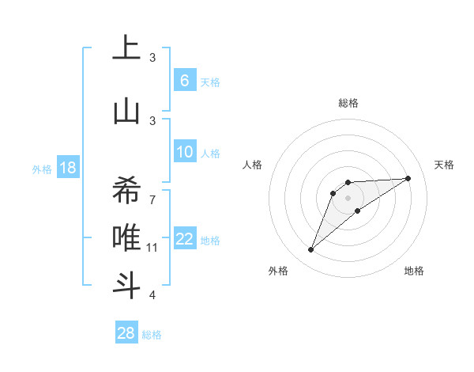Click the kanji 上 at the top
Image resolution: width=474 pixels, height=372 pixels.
[126, 48]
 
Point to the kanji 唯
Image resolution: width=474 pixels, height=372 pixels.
[126, 237]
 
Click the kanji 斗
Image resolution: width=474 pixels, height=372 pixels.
[126, 283]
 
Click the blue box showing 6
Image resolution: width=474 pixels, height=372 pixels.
[184, 81]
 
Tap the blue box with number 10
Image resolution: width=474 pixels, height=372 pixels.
[185, 152]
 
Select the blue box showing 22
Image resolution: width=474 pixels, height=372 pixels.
[185, 240]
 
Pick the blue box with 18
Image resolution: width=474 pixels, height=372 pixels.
[67, 168]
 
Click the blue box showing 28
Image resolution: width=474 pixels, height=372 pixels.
[126, 333]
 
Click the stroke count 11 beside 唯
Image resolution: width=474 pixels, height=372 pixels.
[152, 248]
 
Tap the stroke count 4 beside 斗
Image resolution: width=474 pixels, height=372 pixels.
[152, 295]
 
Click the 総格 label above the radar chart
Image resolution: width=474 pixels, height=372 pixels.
[348, 103]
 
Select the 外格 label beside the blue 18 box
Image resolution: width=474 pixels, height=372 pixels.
[41, 169]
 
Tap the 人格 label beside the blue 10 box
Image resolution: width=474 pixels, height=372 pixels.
[210, 153]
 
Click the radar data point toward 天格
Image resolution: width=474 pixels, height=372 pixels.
[408, 178]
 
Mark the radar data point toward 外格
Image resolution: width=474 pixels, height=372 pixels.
[310, 250]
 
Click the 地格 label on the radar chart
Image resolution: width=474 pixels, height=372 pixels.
[414, 271]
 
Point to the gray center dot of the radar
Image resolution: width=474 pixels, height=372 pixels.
[348, 197]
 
